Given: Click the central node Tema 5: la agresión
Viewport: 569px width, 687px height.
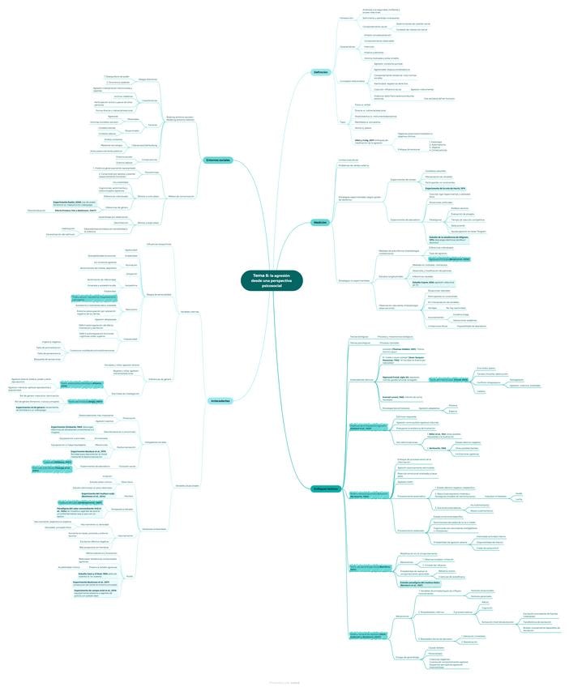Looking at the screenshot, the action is [282, 280].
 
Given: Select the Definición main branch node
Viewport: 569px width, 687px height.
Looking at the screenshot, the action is [320, 72].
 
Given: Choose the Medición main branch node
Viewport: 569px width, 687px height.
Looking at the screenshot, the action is [320, 221].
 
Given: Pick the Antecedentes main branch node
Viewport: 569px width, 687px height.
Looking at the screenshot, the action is [219, 400].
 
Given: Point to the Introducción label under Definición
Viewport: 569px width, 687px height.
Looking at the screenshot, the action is [346, 17].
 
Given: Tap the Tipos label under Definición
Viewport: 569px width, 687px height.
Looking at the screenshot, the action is [341, 121].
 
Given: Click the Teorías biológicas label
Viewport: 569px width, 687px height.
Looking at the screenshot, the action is [357, 335].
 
